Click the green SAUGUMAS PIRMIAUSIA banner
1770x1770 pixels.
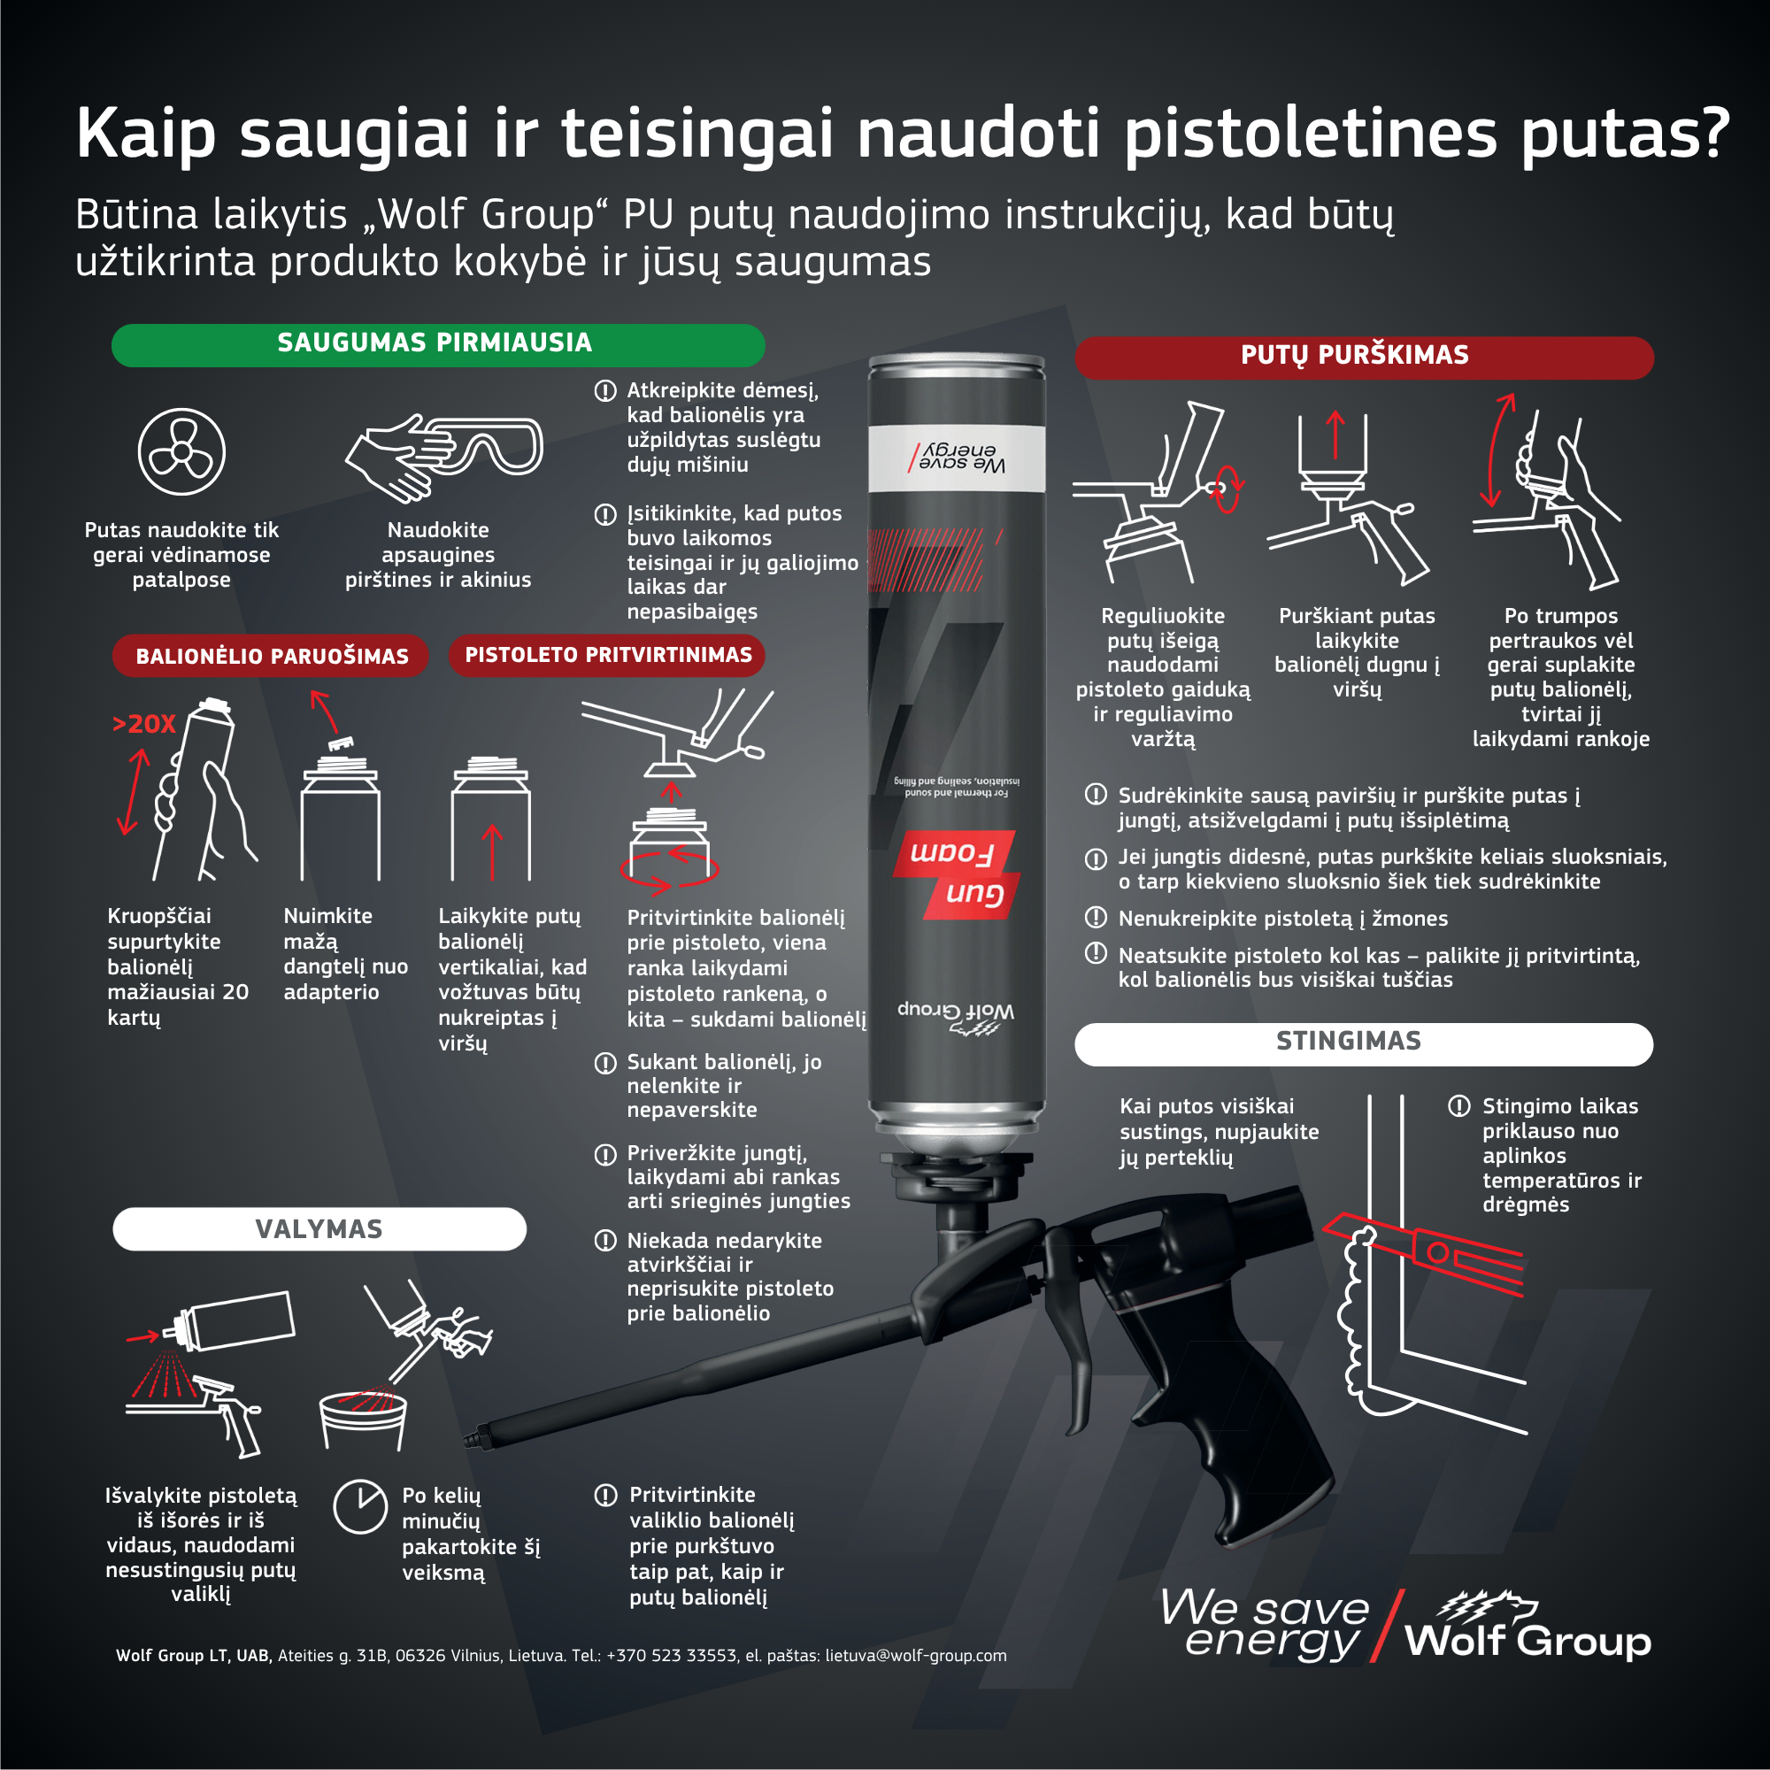click(x=438, y=344)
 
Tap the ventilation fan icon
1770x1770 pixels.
click(x=181, y=451)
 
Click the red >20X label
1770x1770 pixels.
click(x=144, y=724)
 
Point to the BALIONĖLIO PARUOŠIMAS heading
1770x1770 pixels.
click(x=271, y=656)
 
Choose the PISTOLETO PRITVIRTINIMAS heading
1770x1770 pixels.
click(x=607, y=655)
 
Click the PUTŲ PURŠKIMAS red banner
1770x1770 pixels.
click(x=1364, y=357)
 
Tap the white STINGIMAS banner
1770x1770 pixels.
click(x=1364, y=1043)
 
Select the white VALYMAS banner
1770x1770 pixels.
click(x=319, y=1228)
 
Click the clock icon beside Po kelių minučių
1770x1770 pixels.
click(x=360, y=1506)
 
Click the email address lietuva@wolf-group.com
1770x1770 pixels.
click(x=915, y=1656)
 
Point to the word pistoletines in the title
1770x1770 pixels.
click(x=1312, y=133)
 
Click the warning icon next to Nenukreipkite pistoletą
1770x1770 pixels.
click(x=1096, y=917)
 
